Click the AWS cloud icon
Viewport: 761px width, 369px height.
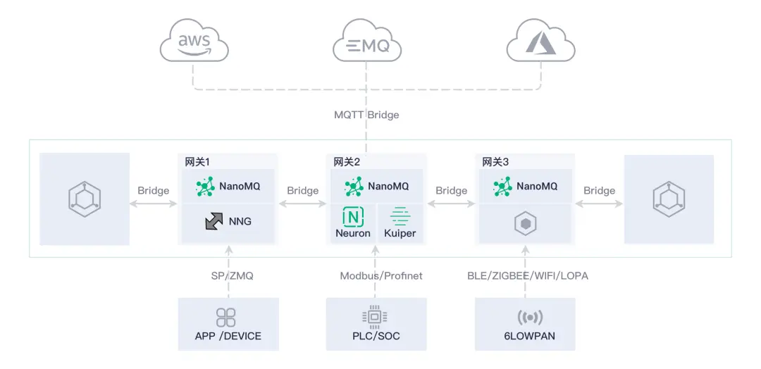(194, 44)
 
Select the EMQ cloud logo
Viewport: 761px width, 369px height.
(366, 45)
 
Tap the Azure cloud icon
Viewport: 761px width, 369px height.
(540, 44)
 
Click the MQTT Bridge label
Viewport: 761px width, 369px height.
(366, 115)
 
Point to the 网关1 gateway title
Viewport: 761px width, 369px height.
(194, 162)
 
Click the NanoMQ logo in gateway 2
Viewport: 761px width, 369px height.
(354, 187)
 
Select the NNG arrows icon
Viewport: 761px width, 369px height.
(214, 221)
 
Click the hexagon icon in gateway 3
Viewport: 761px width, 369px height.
(526, 224)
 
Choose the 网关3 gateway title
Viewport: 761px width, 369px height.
(495, 162)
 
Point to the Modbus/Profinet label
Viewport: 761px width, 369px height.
(381, 276)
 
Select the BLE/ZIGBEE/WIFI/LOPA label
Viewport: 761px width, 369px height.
(527, 276)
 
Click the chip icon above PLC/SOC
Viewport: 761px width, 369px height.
(375, 318)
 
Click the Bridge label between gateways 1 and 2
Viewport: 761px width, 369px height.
(302, 191)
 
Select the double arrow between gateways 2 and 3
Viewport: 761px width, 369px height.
(451, 204)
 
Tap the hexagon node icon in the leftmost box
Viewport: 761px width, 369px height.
(85, 199)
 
